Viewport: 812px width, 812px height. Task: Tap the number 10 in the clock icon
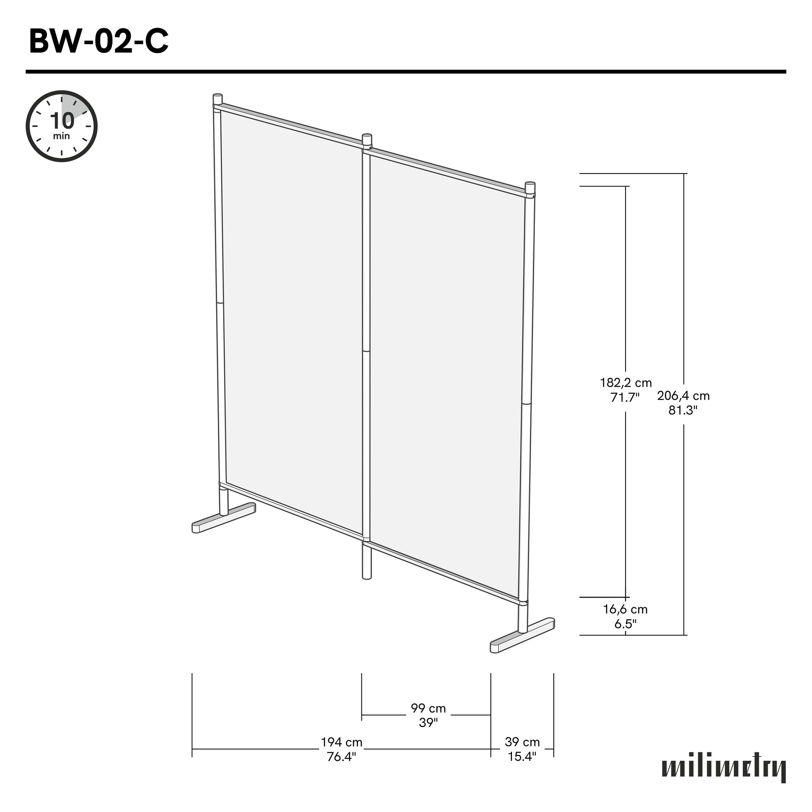tap(62, 121)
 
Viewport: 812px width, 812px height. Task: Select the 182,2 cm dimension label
tap(626, 383)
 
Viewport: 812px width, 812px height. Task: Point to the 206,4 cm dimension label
tap(683, 396)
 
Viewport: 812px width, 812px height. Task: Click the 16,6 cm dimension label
tap(625, 610)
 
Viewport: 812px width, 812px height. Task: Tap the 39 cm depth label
tap(522, 742)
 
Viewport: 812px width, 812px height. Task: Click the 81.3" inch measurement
tap(683, 410)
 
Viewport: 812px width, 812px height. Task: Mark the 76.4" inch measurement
tap(341, 757)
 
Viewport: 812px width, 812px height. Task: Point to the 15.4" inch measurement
tap(522, 757)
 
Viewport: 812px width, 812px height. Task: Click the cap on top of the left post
tap(218, 99)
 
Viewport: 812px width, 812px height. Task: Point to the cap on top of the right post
tap(530, 187)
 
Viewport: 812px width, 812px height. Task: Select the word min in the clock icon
tap(62, 136)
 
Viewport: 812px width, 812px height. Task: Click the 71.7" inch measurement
tap(625, 397)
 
